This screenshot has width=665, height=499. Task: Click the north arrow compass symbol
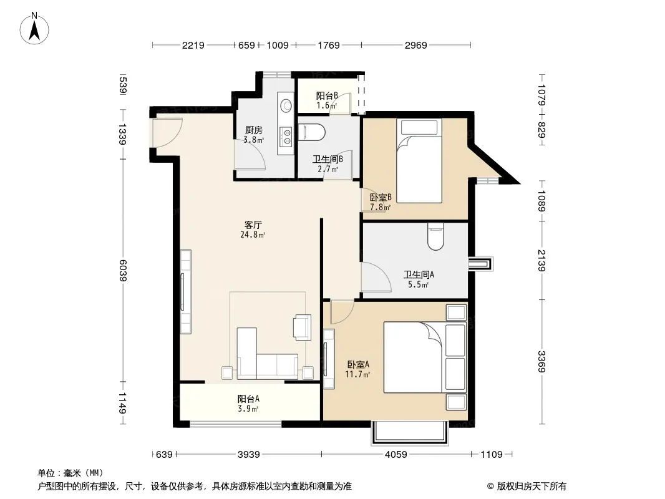coord(34,29)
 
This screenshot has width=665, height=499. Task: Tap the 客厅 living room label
coord(253,225)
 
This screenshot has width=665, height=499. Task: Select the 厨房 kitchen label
coord(254,130)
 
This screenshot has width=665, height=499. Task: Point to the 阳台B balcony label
coord(327,96)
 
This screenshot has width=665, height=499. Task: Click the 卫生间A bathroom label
coord(419,274)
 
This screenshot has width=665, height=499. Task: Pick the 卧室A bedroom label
coord(358,364)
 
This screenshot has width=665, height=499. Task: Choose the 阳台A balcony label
coord(248,399)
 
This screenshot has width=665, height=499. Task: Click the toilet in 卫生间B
coord(312,132)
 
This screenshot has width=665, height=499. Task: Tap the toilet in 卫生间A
coord(435,236)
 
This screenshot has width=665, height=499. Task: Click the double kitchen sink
coord(287,136)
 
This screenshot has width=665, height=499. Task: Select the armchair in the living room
coord(303,327)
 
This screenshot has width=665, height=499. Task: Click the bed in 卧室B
coord(419,161)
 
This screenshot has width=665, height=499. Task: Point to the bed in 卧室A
coord(425,357)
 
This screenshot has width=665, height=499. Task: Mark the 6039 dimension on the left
coord(122,271)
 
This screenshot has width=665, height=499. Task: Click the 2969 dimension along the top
coord(415,45)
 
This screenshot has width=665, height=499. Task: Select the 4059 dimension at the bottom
coord(396,455)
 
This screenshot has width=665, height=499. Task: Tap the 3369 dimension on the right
coord(541,362)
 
